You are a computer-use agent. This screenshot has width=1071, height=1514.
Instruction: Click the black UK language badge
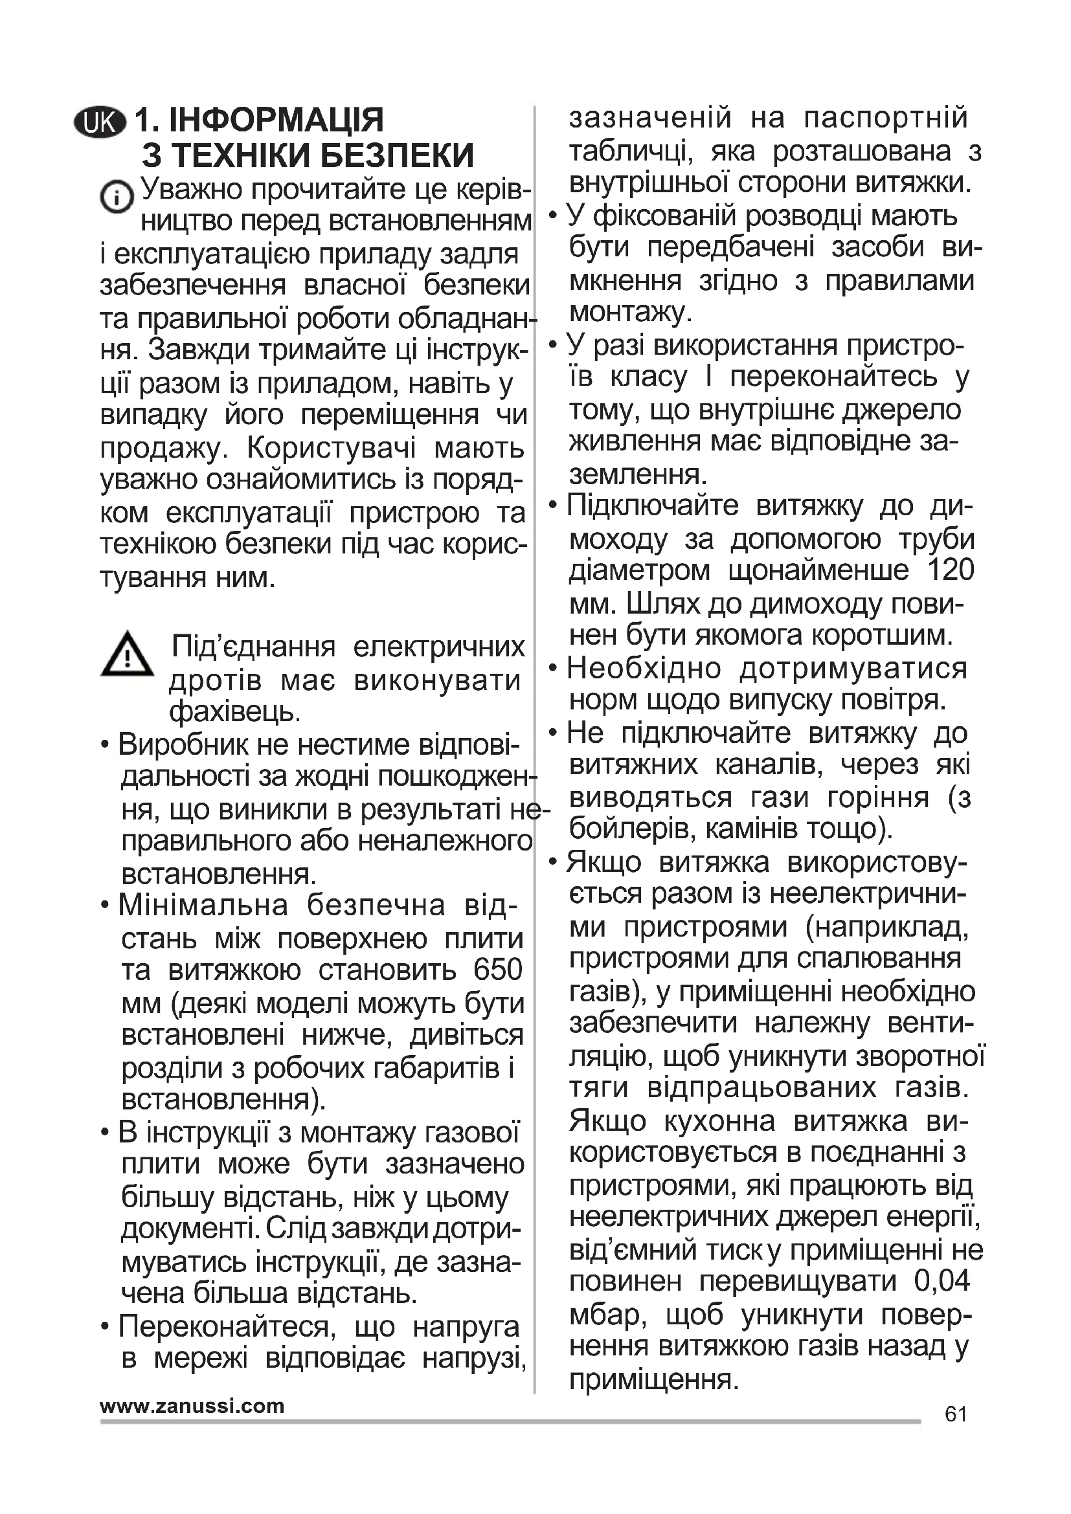[x=100, y=122]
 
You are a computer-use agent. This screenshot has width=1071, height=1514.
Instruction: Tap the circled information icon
[x=117, y=196]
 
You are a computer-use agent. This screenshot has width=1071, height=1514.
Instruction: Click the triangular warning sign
[x=127, y=655]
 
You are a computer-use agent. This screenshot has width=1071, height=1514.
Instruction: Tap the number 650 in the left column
[x=498, y=970]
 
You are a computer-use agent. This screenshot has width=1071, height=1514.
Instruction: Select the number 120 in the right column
[x=951, y=570]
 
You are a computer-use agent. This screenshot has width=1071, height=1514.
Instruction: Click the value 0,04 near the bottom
[x=942, y=1280]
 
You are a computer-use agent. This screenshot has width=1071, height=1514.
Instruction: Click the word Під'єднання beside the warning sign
[x=253, y=647]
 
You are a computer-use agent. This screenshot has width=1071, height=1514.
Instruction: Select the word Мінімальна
[x=204, y=906]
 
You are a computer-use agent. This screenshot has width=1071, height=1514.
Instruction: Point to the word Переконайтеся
[x=226, y=1326]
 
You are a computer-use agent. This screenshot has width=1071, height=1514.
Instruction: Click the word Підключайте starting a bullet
[x=653, y=506]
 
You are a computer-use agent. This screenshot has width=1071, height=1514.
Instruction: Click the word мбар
[x=607, y=1314]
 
